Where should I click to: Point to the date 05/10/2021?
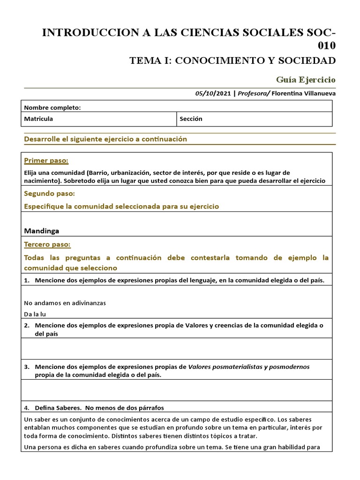(x=213, y=93)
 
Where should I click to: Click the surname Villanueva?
(x=317, y=93)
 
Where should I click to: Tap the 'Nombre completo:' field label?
(x=52, y=107)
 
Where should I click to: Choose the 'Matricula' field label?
(x=38, y=119)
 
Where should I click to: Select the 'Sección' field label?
(x=191, y=119)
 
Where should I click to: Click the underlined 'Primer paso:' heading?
(x=46, y=161)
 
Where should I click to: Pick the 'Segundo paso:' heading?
(x=50, y=194)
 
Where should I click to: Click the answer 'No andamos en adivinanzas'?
(x=65, y=303)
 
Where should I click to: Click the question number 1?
(x=26, y=280)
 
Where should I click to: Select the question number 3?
(x=26, y=367)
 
